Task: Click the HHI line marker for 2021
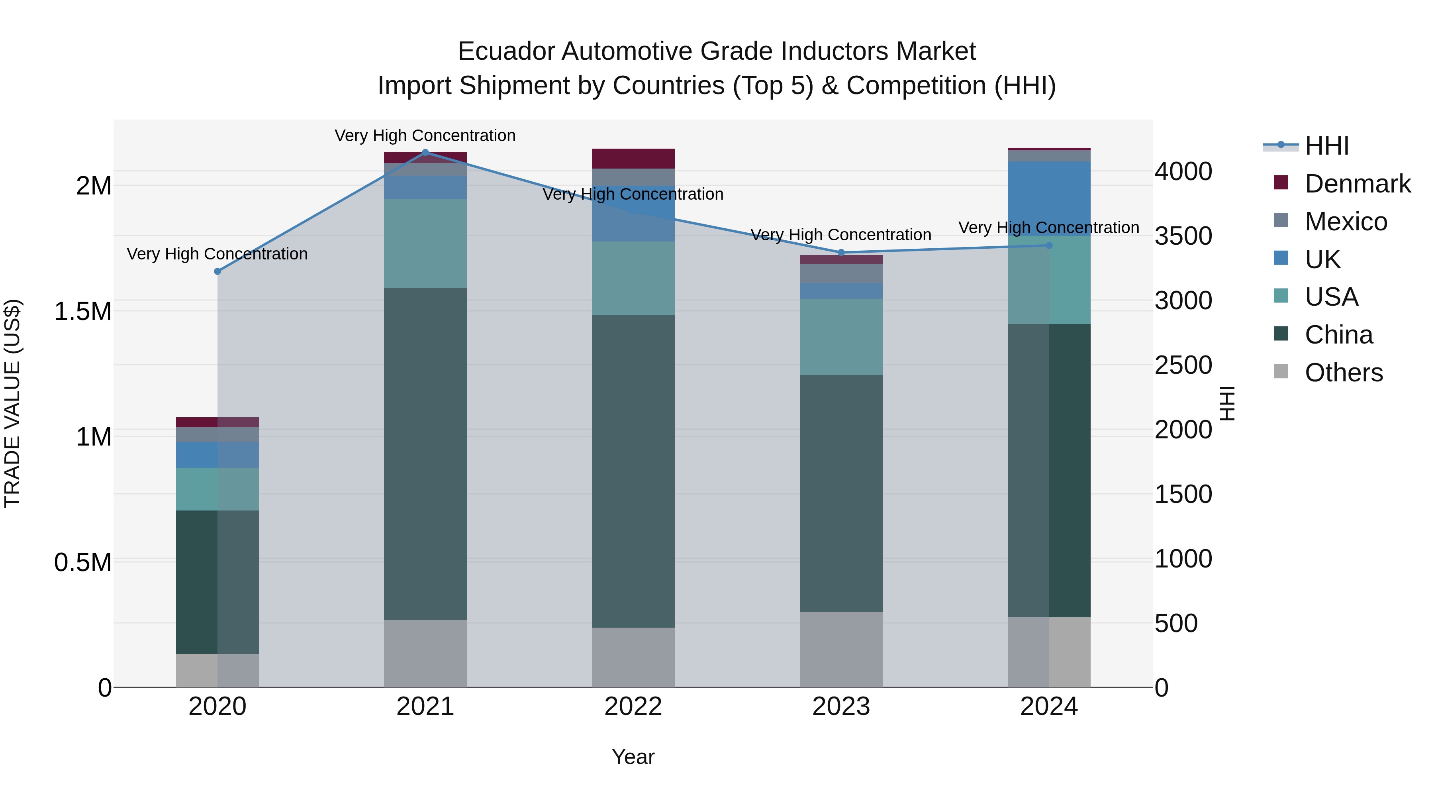[425, 152]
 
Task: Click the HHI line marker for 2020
[217, 271]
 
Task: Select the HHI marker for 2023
[841, 253]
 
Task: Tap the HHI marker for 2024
[1049, 245]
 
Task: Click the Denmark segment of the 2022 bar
[633, 158]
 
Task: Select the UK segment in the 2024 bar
[1049, 198]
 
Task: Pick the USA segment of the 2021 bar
[425, 243]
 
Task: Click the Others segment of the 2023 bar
[841, 650]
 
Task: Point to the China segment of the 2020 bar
[217, 582]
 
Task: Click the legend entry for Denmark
[1357, 184]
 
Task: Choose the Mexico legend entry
[1346, 222]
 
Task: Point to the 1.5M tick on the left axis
[82, 311]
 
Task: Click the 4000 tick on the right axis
[1183, 171]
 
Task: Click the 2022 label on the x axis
[633, 707]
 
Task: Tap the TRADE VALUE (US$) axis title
[12, 403]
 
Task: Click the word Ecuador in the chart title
[505, 51]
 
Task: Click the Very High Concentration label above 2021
[425, 135]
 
